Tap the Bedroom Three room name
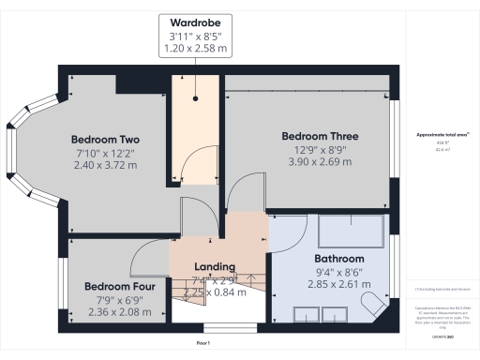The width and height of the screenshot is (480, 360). coord(320,136)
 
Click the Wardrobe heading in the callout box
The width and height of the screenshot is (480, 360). coord(196,22)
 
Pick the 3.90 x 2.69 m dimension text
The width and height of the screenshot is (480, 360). coord(320,164)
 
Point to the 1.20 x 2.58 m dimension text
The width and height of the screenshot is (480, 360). coord(196,49)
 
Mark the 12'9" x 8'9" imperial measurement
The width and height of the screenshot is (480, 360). coord(320,150)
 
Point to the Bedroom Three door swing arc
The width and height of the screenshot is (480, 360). coord(241,200)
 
